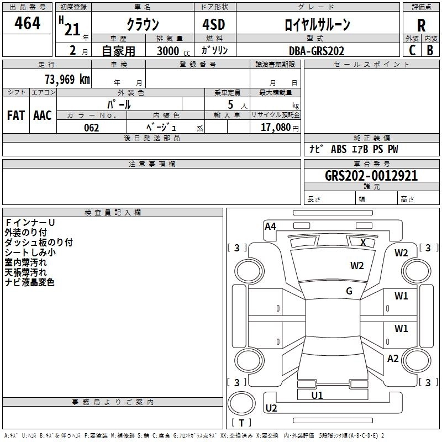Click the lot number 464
27,24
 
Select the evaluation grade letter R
421,25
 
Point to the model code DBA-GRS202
316,51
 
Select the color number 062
92,128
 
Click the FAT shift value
15,115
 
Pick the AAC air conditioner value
42,115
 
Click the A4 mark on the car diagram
270,226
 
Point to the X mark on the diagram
363,242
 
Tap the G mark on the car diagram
349,291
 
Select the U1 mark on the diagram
317,396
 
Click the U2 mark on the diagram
271,408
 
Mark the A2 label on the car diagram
393,359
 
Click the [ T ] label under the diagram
241,423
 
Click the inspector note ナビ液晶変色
30,282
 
